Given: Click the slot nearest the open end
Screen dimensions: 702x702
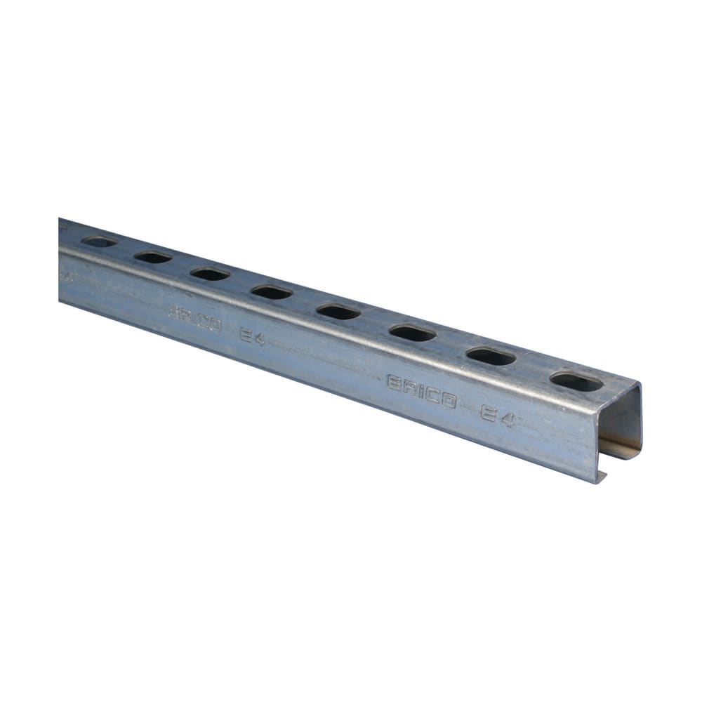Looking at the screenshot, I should click(x=576, y=382).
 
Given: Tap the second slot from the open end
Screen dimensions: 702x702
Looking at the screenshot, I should click(x=491, y=357).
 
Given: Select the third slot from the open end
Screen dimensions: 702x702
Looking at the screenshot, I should click(x=413, y=333).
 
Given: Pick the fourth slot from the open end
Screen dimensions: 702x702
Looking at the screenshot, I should click(x=338, y=311).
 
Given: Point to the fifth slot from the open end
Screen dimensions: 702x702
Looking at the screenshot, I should click(x=271, y=291).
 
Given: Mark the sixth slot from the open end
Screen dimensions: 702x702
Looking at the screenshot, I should click(x=210, y=274).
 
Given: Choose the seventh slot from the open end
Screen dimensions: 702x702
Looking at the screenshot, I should click(x=153, y=257).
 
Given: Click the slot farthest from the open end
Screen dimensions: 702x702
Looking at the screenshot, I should click(x=99, y=242).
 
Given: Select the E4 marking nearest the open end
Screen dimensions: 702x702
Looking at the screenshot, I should click(x=498, y=414).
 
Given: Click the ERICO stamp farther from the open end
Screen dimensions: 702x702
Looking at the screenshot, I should click(x=195, y=320).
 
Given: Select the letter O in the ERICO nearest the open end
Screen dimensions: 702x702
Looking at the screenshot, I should click(x=448, y=400).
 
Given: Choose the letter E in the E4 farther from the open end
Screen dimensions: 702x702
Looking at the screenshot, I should click(x=245, y=334).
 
